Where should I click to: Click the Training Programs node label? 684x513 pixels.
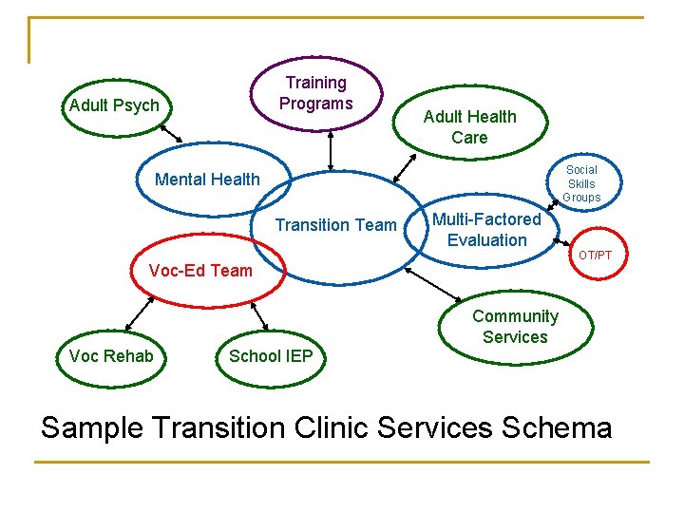click(316, 93)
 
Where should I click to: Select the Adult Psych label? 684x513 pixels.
click(114, 105)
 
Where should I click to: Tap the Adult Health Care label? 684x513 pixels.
click(469, 127)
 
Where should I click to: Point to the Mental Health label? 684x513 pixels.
click(207, 180)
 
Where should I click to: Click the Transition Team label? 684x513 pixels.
click(335, 225)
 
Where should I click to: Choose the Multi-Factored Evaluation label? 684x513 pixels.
click(486, 230)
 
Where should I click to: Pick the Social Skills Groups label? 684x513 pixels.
click(581, 184)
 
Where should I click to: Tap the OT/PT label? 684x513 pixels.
click(596, 256)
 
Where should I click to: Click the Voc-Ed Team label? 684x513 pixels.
click(200, 271)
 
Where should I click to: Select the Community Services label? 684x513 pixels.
click(515, 327)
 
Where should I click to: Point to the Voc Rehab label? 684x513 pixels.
click(111, 356)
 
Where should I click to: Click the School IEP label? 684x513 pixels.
click(271, 356)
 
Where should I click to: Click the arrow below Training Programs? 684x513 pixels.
click(331, 150)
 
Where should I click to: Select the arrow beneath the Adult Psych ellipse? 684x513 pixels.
click(170, 132)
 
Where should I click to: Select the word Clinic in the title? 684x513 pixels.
click(326, 427)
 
